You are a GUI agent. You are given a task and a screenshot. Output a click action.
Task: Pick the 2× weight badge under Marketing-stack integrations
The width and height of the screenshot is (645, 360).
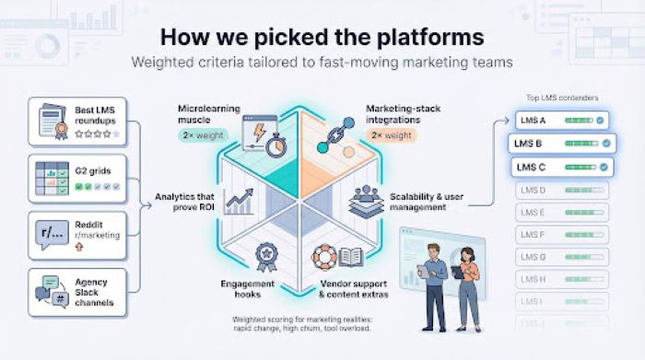tap(393, 134)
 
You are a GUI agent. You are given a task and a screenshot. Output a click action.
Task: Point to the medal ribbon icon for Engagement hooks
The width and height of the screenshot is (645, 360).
tap(267, 255)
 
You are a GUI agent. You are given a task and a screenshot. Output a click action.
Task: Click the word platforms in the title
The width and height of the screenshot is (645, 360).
tap(432, 38)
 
